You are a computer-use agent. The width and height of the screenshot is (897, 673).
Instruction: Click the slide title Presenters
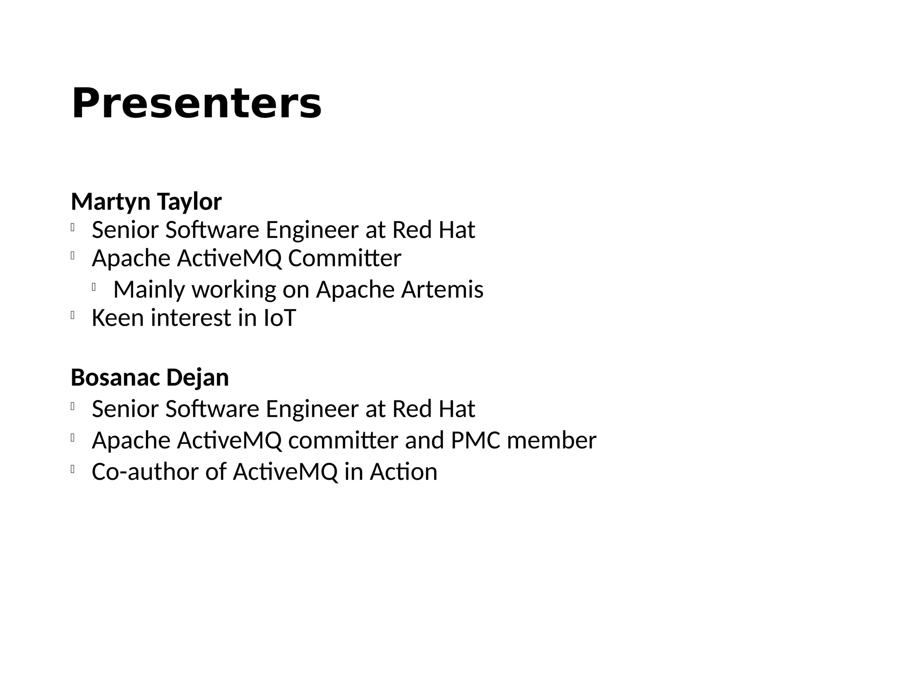click(x=196, y=104)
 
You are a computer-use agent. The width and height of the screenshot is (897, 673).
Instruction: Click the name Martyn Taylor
click(x=146, y=202)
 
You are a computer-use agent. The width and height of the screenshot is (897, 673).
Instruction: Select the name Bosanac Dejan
click(x=150, y=377)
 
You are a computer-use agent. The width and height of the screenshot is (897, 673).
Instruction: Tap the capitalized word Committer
click(x=344, y=258)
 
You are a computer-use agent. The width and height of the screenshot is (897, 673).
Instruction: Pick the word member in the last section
click(x=551, y=440)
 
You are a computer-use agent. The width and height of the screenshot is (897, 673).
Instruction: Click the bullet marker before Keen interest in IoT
click(x=72, y=315)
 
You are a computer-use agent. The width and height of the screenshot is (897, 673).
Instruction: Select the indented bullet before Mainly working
click(x=94, y=287)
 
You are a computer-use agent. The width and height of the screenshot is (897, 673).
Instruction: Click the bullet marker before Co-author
click(x=72, y=469)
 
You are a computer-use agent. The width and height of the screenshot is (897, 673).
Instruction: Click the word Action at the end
click(x=403, y=472)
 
